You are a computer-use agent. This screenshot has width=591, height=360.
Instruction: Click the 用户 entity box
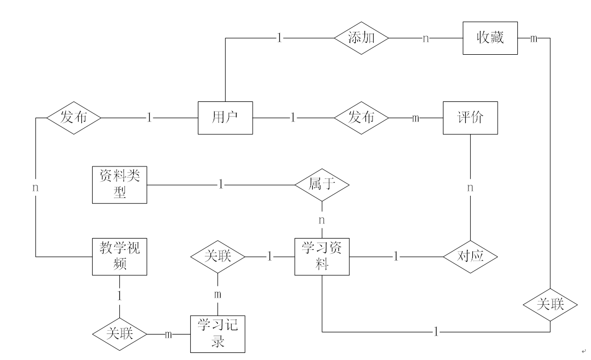[225, 118]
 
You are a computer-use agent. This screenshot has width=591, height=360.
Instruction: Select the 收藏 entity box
[490, 38]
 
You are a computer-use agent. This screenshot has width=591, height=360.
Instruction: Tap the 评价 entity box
[470, 118]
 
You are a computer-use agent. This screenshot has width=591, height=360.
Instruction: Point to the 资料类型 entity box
[119, 185]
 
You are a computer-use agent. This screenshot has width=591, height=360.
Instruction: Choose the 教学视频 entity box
[119, 256]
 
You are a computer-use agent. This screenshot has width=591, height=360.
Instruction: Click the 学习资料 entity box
[322, 256]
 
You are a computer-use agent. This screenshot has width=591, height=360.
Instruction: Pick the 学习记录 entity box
[217, 334]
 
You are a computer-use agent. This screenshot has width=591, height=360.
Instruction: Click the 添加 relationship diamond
[362, 38]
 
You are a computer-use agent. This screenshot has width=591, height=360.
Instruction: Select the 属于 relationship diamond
[322, 185]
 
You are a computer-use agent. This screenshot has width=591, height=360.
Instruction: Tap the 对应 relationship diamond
[470, 256]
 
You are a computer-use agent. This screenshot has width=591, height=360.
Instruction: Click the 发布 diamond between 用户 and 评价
[362, 118]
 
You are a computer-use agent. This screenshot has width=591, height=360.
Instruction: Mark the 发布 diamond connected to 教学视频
[74, 118]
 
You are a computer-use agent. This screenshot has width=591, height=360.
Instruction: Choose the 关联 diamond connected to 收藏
[550, 305]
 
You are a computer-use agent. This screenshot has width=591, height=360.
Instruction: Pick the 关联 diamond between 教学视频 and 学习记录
[120, 334]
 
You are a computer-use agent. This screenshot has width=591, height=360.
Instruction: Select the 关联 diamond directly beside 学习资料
[217, 256]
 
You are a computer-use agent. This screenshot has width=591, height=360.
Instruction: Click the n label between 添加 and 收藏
[426, 38]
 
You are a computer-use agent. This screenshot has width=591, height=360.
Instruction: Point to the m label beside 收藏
[534, 38]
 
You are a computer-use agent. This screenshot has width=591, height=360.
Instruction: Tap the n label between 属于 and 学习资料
[322, 220]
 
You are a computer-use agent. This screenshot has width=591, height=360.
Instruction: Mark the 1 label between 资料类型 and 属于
[221, 185]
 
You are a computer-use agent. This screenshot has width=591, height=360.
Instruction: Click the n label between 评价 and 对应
[470, 188]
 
